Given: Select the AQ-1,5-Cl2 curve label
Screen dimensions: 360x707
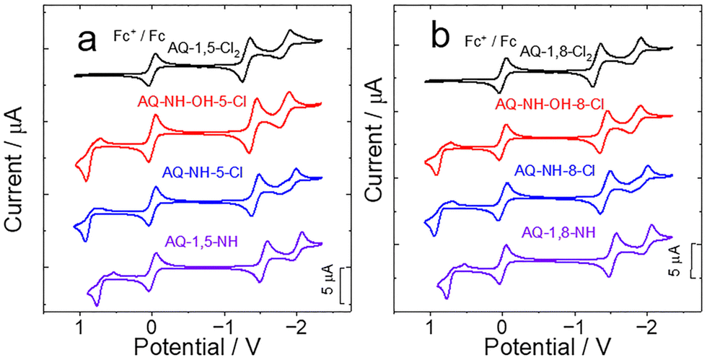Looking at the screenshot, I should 204,48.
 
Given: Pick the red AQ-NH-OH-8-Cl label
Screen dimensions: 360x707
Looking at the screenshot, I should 549,105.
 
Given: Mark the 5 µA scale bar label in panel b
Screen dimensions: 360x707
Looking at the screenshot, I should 675,261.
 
